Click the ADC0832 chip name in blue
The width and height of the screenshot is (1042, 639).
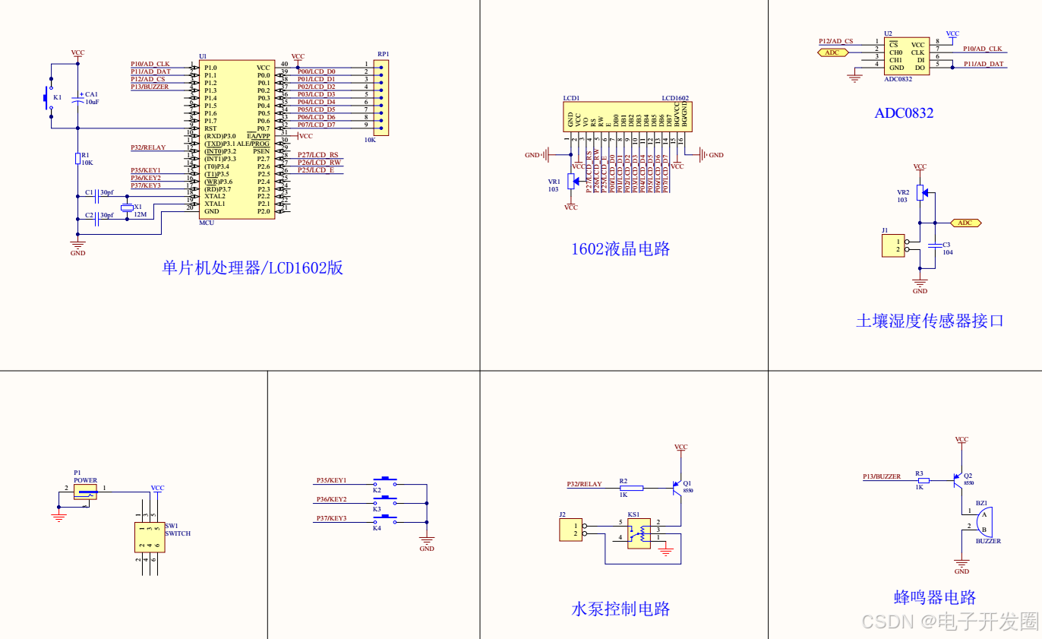(904, 113)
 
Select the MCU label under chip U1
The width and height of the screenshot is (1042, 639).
(207, 223)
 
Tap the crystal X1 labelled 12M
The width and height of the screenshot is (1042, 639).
(127, 207)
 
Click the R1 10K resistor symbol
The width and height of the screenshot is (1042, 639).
(77, 158)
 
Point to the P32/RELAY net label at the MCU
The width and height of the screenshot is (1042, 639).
(148, 147)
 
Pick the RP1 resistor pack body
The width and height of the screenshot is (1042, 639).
(382, 98)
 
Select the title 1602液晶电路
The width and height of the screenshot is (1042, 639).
(620, 249)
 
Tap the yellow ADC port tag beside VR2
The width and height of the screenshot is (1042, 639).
(965, 223)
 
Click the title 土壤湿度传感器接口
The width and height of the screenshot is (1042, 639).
(930, 321)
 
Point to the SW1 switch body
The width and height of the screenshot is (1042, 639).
(150, 537)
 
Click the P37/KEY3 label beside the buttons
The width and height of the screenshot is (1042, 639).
(331, 518)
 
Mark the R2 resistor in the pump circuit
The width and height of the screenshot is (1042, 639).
(631, 488)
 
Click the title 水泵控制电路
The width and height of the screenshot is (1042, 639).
(620, 609)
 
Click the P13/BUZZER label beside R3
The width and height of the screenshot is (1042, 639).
(882, 476)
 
